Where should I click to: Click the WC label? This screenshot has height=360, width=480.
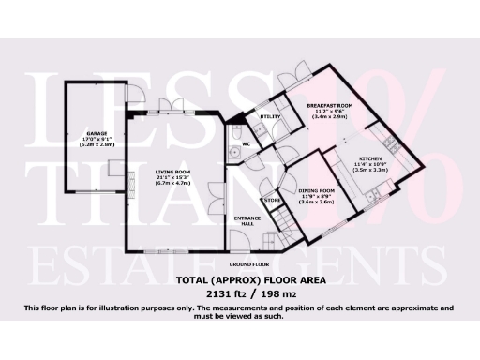coord(247,144)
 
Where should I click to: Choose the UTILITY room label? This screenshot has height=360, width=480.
coord(271,116)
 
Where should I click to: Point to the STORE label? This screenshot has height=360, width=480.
coord(272,200)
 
